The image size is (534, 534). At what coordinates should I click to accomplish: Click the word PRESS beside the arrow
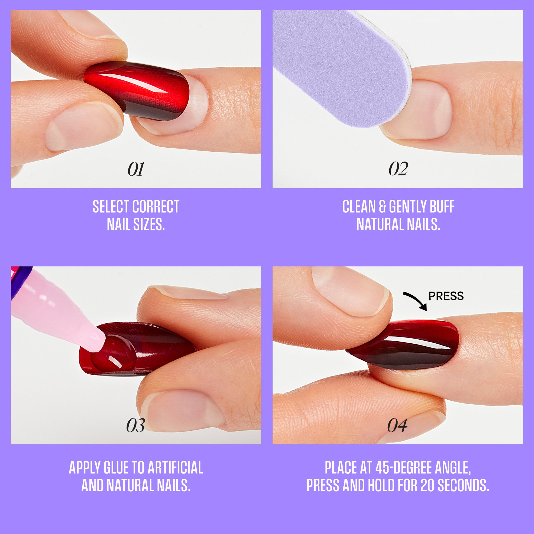(446, 296)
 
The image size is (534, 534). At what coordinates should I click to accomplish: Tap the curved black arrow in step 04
(415, 301)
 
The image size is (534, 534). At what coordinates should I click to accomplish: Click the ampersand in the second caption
(382, 206)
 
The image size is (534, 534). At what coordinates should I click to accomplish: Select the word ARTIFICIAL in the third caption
(175, 468)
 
